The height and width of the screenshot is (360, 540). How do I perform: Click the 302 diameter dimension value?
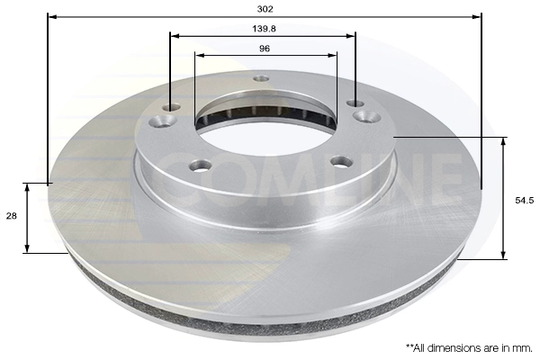pyautogui.click(x=265, y=9)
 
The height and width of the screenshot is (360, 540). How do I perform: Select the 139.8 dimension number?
pyautogui.click(x=264, y=29)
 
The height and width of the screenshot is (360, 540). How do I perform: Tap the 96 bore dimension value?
pyautogui.click(x=264, y=49)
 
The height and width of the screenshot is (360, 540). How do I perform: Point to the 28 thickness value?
pyautogui.click(x=12, y=216)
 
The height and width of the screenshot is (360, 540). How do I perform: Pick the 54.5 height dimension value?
pyautogui.click(x=525, y=200)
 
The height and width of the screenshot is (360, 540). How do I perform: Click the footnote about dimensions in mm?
pyautogui.click(x=469, y=348)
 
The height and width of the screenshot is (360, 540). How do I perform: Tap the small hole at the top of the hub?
pyautogui.click(x=261, y=79)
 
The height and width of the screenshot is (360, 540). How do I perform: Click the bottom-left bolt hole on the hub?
pyautogui.click(x=200, y=165)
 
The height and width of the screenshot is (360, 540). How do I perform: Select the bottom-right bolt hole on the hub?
pyautogui.click(x=341, y=161)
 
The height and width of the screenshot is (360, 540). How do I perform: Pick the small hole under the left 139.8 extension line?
pyautogui.click(x=172, y=107)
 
